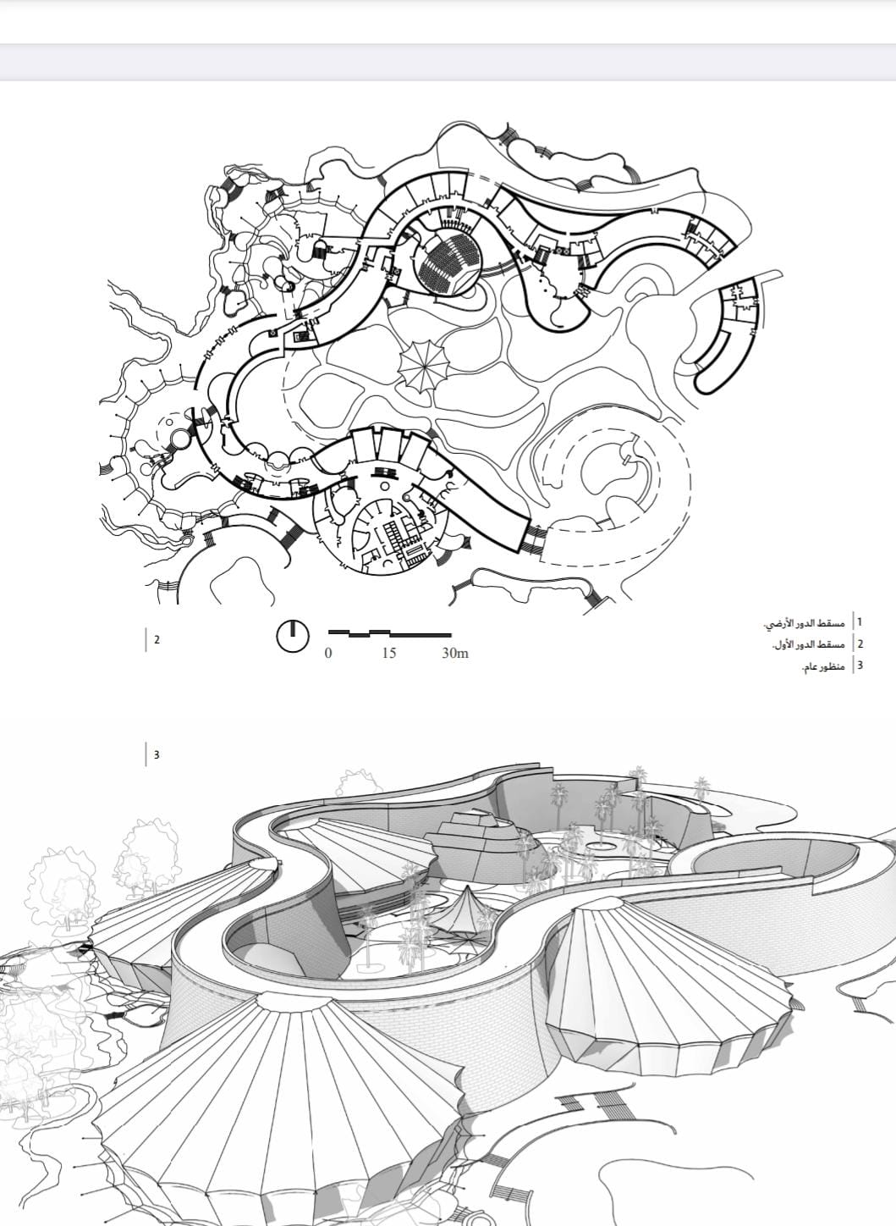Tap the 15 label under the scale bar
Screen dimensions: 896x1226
[x=389, y=653]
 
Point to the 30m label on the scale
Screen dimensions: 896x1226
[x=455, y=653]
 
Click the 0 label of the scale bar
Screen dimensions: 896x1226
[x=328, y=653]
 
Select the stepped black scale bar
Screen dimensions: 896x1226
[x=389, y=634]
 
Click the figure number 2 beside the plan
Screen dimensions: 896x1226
[x=157, y=639]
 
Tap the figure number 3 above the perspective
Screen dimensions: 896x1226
[x=157, y=754]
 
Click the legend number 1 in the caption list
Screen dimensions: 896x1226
[x=860, y=621]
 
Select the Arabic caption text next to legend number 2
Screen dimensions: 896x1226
[x=809, y=644]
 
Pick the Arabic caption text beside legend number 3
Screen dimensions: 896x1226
[x=823, y=666]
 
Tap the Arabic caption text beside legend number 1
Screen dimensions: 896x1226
[x=804, y=622]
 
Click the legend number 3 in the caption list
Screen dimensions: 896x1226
[x=860, y=665]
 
